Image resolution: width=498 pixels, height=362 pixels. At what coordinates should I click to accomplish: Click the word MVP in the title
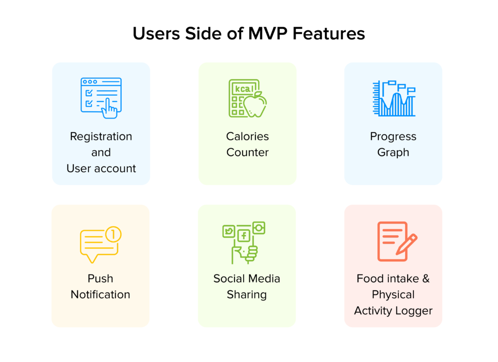point(268,34)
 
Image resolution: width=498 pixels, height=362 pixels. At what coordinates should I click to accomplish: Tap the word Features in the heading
point(329,34)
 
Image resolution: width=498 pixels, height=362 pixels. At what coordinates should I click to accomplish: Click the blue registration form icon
point(101,98)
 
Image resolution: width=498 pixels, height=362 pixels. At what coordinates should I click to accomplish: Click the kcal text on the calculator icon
point(244,89)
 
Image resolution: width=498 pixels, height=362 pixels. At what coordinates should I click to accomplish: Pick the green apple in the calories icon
point(255,104)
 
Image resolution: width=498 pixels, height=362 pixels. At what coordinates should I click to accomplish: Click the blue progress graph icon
point(394,98)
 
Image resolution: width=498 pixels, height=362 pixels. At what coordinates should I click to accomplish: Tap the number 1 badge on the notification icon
point(113,235)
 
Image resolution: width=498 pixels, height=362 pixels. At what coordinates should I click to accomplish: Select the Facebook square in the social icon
point(244,235)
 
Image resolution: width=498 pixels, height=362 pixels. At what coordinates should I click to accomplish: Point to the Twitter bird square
point(229,231)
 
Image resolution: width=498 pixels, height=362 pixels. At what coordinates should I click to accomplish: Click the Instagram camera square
point(259,228)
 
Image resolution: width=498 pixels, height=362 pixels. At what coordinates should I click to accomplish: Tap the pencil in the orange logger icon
point(407,244)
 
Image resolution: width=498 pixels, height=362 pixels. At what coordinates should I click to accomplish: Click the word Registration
point(101,137)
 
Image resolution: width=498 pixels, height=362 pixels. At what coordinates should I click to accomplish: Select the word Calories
point(248,137)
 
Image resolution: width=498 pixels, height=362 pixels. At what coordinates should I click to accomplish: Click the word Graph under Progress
point(393,153)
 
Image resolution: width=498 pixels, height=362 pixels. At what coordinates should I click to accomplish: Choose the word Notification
point(100,294)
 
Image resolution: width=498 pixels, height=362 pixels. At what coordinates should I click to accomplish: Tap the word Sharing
point(247,295)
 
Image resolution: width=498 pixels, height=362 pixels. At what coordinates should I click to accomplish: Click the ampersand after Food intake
point(426,278)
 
